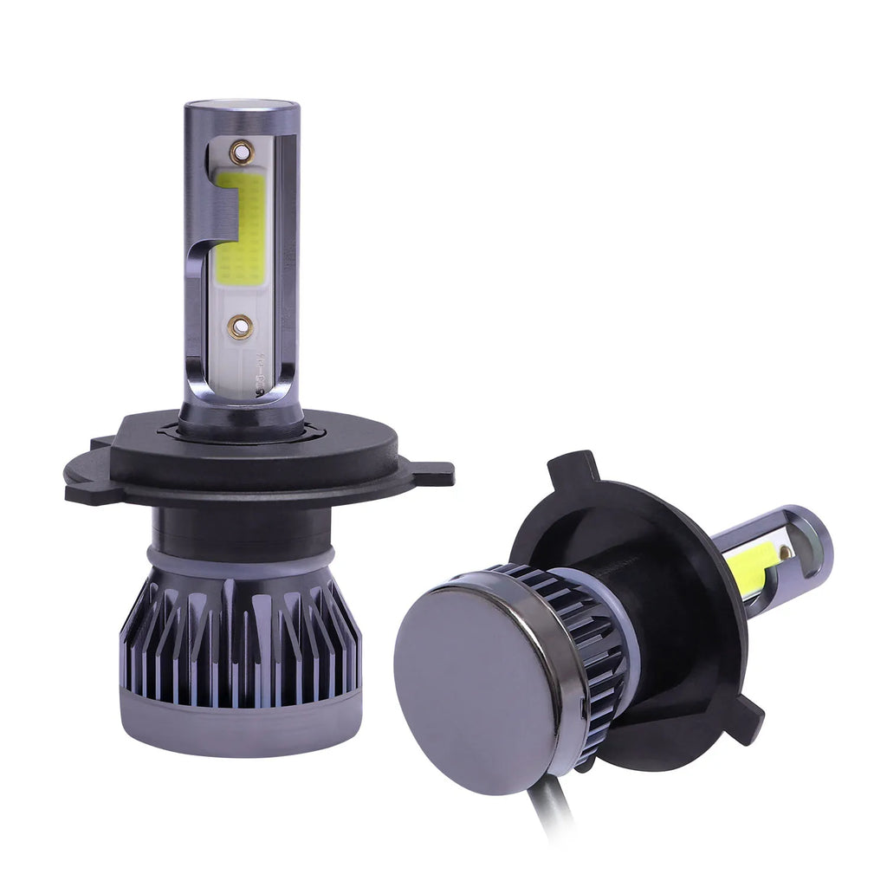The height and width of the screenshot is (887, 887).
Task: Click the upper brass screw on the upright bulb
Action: pyautogui.click(x=242, y=153)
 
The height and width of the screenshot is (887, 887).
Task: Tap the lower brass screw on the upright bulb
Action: pyautogui.click(x=241, y=327)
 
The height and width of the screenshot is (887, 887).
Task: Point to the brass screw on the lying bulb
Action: pyautogui.click(x=785, y=552)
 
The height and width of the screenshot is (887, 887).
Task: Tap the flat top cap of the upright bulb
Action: pyautogui.click(x=241, y=106)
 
